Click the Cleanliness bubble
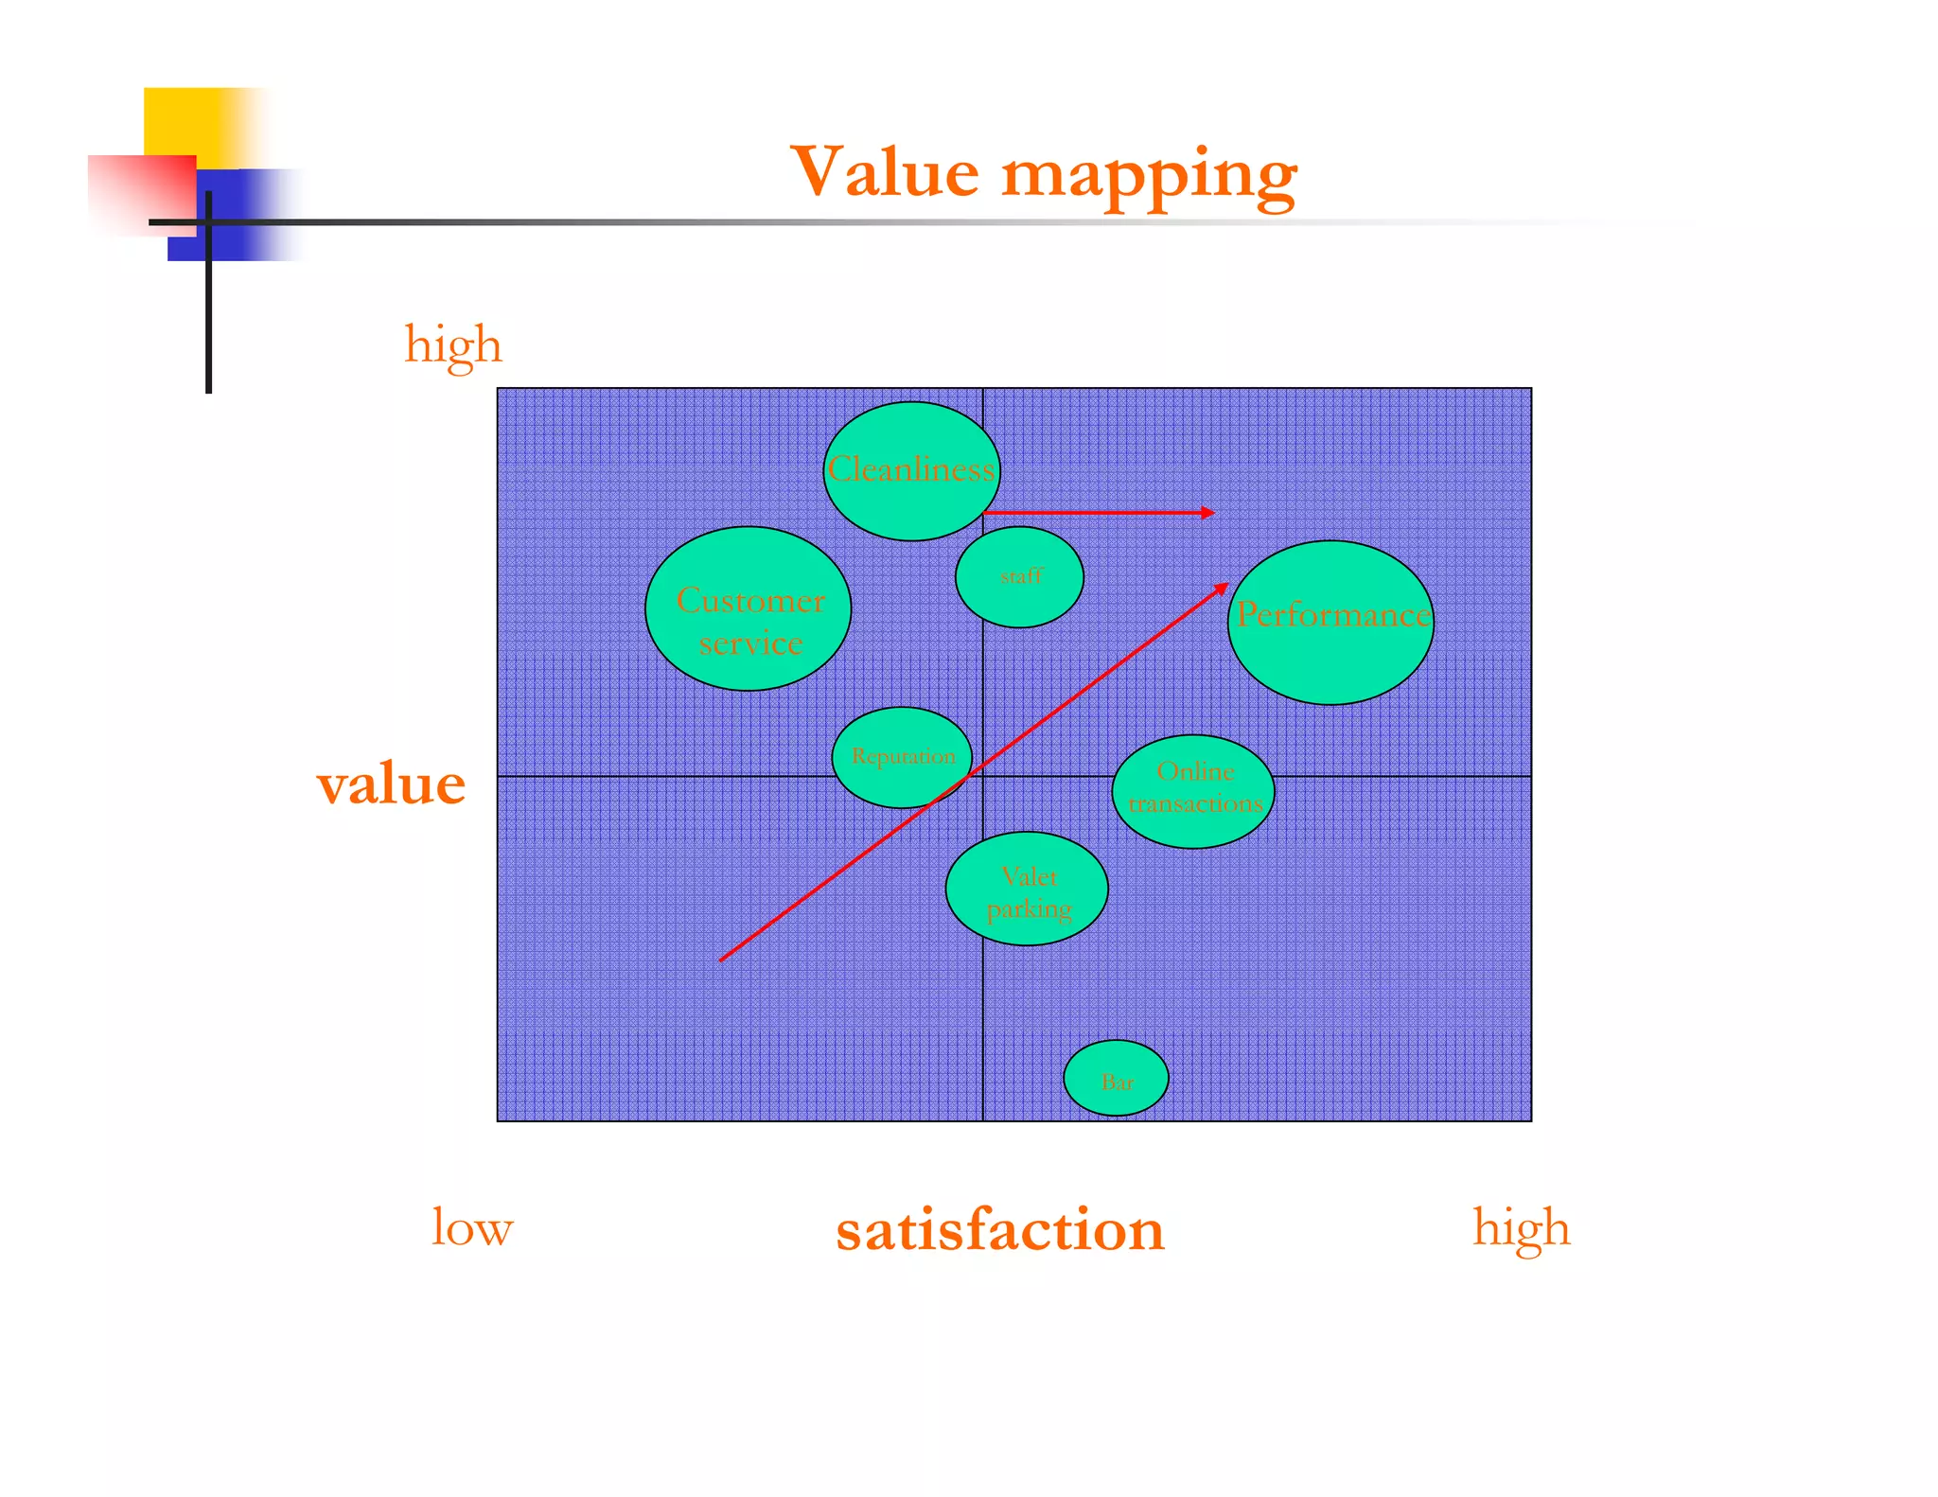(x=911, y=470)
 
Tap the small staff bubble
(x=1019, y=576)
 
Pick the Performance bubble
(x=1330, y=623)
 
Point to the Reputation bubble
(x=902, y=757)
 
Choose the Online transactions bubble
(x=1193, y=791)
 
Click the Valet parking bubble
(x=1027, y=889)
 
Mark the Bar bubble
(x=1116, y=1078)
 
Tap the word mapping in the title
(x=1149, y=176)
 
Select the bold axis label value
(x=391, y=784)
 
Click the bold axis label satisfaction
(x=999, y=1229)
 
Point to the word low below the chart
(x=471, y=1227)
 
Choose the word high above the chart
(x=453, y=345)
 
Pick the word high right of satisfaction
(x=1521, y=1228)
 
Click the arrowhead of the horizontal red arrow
(x=1207, y=513)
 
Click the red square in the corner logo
(x=141, y=194)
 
